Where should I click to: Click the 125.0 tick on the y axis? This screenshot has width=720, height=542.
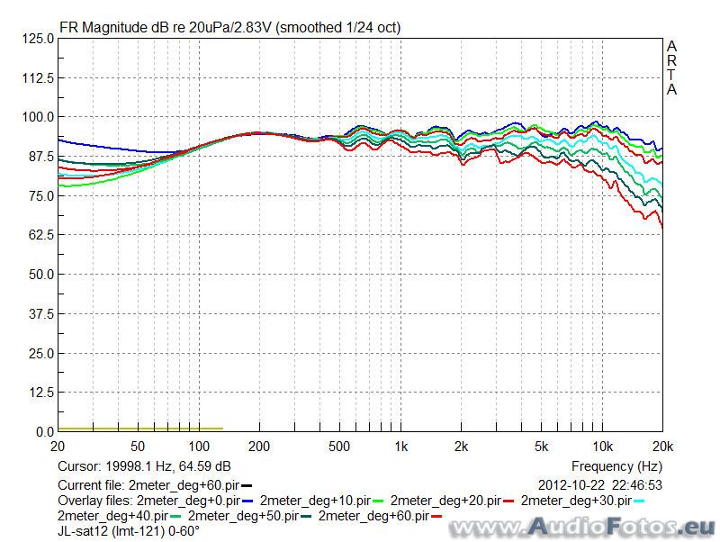pos(38,39)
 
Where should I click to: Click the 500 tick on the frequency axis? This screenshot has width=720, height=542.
pos(338,447)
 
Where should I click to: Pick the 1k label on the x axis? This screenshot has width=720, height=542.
pos(401,447)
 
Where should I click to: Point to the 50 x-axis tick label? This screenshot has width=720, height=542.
pos(138,447)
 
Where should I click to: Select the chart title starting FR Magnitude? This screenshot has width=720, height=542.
pos(229,27)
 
